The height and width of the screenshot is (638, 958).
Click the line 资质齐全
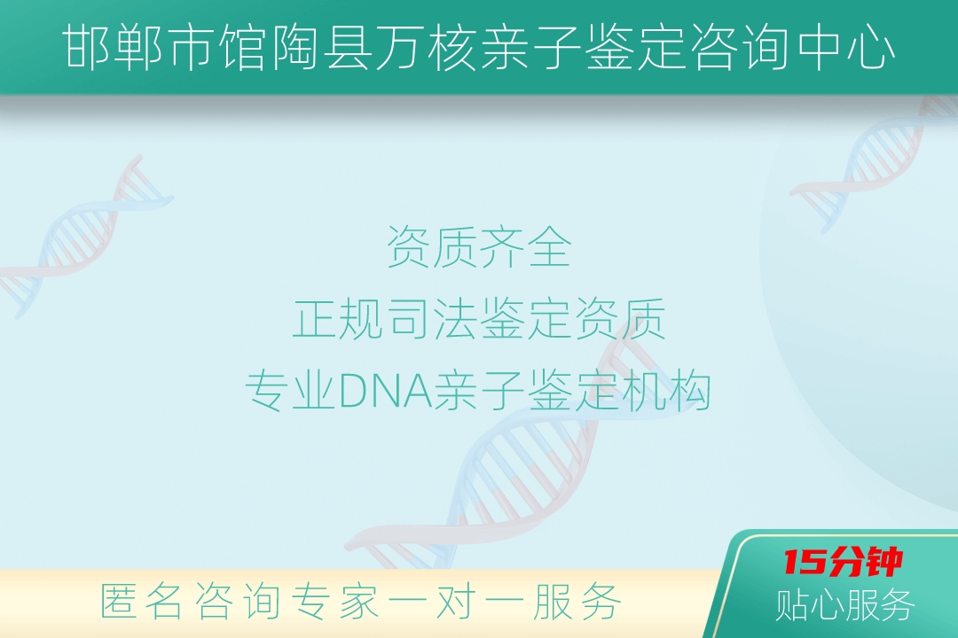tap(479, 246)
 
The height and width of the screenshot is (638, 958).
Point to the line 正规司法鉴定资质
tap(479, 319)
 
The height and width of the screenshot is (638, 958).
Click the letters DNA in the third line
tap(385, 391)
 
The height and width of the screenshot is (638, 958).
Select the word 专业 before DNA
tap(291, 391)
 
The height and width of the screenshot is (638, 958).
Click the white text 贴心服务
tap(845, 605)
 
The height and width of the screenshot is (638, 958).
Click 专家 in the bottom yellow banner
tap(334, 602)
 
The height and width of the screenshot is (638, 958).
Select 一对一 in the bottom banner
tap(457, 602)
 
